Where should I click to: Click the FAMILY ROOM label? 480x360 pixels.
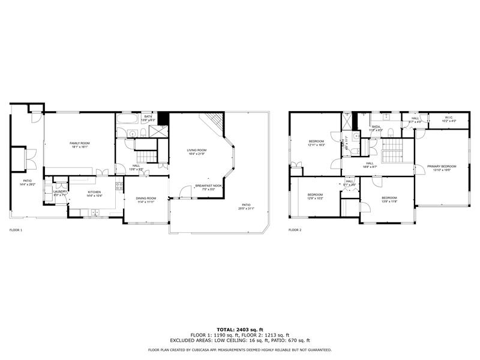click(x=79, y=143)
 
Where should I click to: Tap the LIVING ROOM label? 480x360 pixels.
click(x=196, y=150)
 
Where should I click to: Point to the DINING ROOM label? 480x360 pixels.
click(x=146, y=199)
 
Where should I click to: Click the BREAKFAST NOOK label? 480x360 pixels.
click(x=208, y=186)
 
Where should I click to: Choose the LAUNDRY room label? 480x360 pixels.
click(x=61, y=191)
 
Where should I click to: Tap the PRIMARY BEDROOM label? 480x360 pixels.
click(x=442, y=166)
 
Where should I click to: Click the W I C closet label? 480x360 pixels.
click(x=449, y=117)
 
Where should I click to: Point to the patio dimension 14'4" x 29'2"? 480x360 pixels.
click(x=27, y=184)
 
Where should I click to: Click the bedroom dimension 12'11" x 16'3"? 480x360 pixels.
click(x=316, y=145)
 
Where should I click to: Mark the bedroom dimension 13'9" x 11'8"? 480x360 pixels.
click(x=389, y=202)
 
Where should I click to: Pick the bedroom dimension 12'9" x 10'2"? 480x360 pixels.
click(x=316, y=198)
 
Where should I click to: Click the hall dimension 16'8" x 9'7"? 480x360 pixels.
click(x=370, y=167)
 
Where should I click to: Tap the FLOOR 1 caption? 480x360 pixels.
click(x=16, y=230)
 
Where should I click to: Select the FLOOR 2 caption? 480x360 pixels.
click(x=295, y=230)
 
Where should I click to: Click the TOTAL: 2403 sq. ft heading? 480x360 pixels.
click(x=239, y=330)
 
